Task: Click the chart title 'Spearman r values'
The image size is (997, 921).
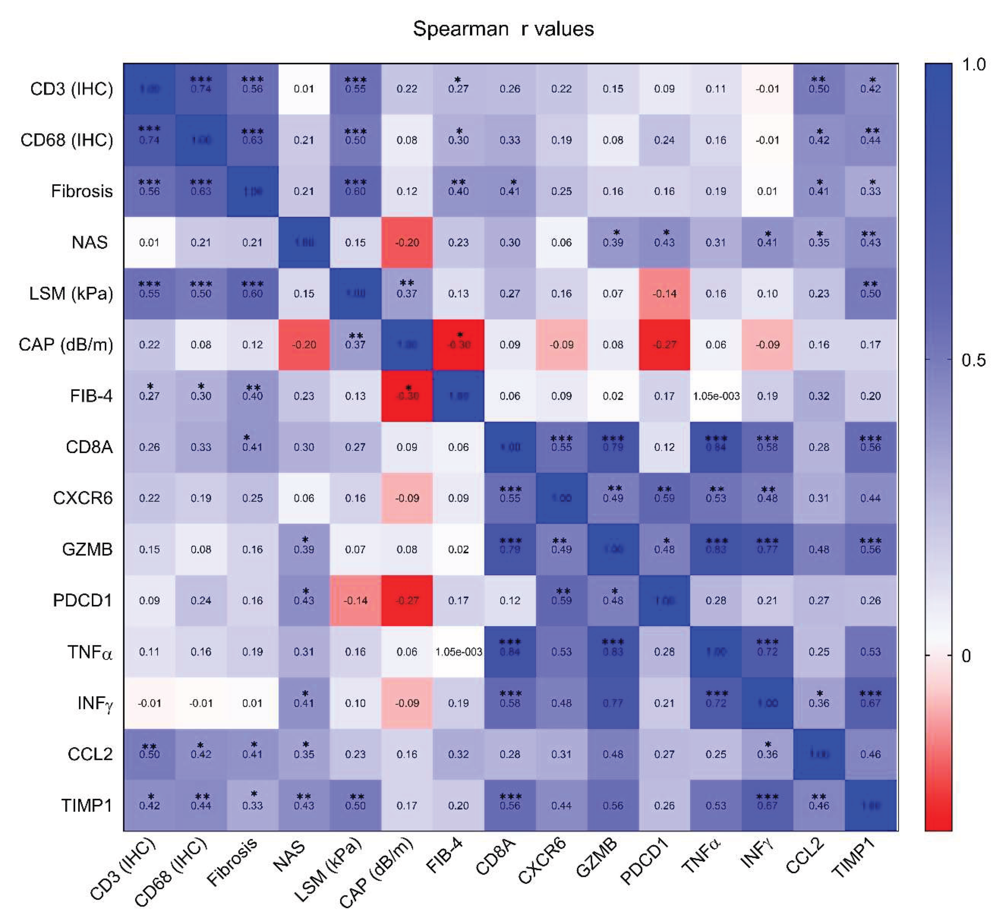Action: point(503,29)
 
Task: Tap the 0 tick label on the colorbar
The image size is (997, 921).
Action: point(966,656)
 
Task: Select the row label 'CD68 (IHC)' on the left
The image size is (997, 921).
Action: point(67,140)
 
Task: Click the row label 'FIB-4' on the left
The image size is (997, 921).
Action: point(91,396)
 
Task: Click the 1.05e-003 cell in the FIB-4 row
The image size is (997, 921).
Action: point(716,396)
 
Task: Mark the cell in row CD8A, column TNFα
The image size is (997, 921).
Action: point(716,447)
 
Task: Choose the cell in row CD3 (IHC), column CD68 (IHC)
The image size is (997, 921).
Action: point(201,89)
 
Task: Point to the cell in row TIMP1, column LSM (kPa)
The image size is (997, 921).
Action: point(355,805)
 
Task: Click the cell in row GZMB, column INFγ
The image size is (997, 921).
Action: point(767,549)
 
